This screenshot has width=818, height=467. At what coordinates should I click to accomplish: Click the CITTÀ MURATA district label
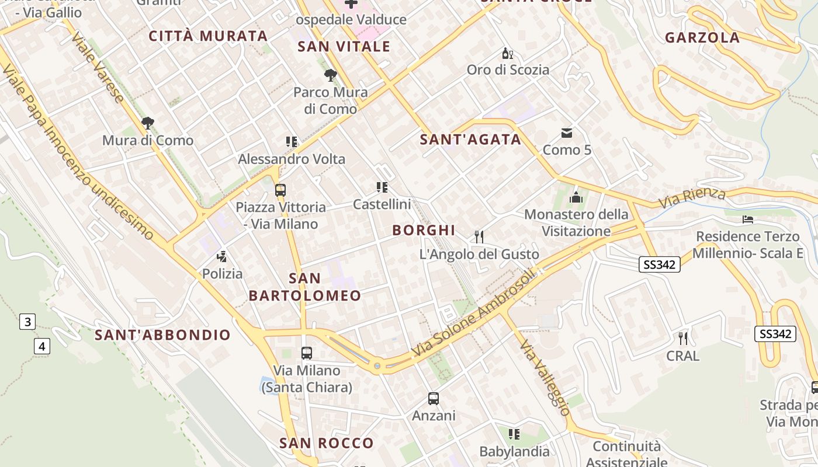tap(208, 36)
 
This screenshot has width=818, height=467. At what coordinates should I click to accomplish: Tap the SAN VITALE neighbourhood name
tap(344, 47)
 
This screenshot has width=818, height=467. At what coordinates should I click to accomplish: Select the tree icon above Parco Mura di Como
tap(330, 75)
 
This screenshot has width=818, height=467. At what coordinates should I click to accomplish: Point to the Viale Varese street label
tap(98, 67)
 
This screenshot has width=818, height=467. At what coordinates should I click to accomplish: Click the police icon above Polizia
tap(221, 256)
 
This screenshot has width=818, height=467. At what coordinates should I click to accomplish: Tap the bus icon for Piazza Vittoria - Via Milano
tap(280, 190)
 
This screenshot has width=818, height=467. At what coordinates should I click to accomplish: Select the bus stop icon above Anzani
tap(434, 399)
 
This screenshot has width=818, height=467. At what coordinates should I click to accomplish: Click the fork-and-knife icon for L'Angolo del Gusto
tap(479, 236)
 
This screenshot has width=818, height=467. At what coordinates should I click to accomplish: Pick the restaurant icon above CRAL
tap(682, 338)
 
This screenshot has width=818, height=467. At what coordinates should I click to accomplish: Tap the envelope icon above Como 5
tap(567, 133)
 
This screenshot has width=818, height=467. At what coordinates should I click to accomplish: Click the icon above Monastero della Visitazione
tap(576, 197)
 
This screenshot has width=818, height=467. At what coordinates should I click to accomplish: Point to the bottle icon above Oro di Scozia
tap(508, 54)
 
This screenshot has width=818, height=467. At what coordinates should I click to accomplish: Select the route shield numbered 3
tap(27, 322)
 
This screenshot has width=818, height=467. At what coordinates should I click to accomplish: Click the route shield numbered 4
tap(41, 346)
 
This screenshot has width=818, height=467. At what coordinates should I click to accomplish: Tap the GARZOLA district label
tap(702, 38)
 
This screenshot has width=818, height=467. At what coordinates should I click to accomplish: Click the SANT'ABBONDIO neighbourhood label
tap(163, 335)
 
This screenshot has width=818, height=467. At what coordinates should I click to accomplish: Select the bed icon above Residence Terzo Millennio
tap(748, 219)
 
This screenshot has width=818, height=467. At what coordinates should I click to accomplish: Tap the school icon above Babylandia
tap(514, 434)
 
